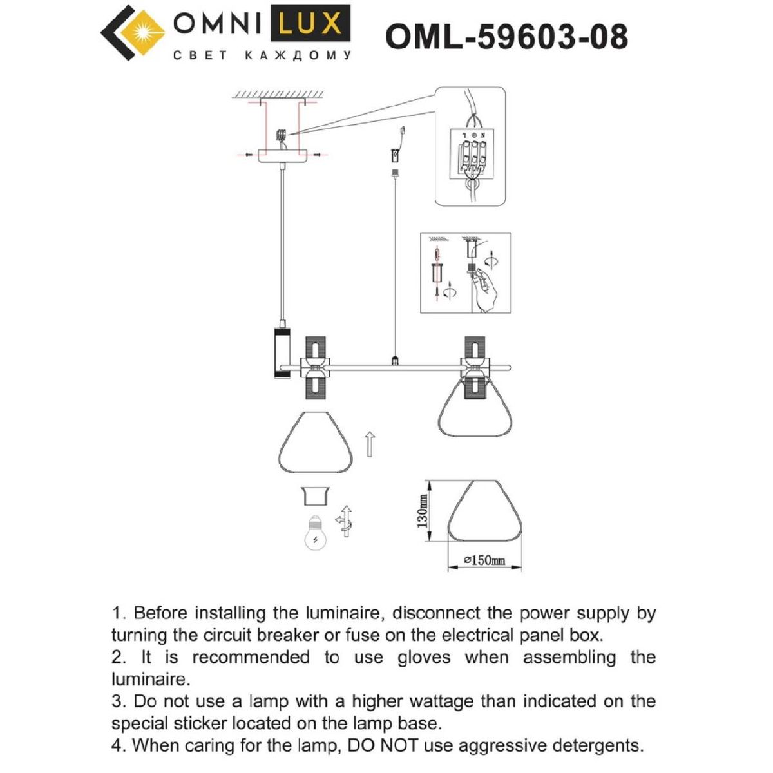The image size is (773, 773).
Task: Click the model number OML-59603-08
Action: [506, 37]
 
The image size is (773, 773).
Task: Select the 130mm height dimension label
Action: [422, 511]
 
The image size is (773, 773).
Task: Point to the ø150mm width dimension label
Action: [484, 560]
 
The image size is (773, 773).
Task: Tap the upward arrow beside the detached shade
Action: [370, 444]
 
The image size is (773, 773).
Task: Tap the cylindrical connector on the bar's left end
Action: [282, 351]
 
